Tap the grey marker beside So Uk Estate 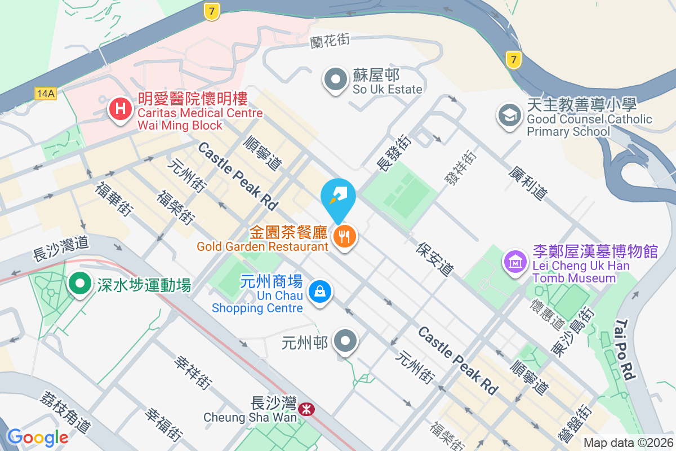click(336, 80)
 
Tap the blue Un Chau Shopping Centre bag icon click(319, 292)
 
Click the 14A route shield click(45, 94)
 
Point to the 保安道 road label click(435, 259)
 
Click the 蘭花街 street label click(330, 41)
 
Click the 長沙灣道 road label click(61, 244)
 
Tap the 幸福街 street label click(164, 425)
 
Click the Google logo click(38, 437)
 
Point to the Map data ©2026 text click(628, 443)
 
